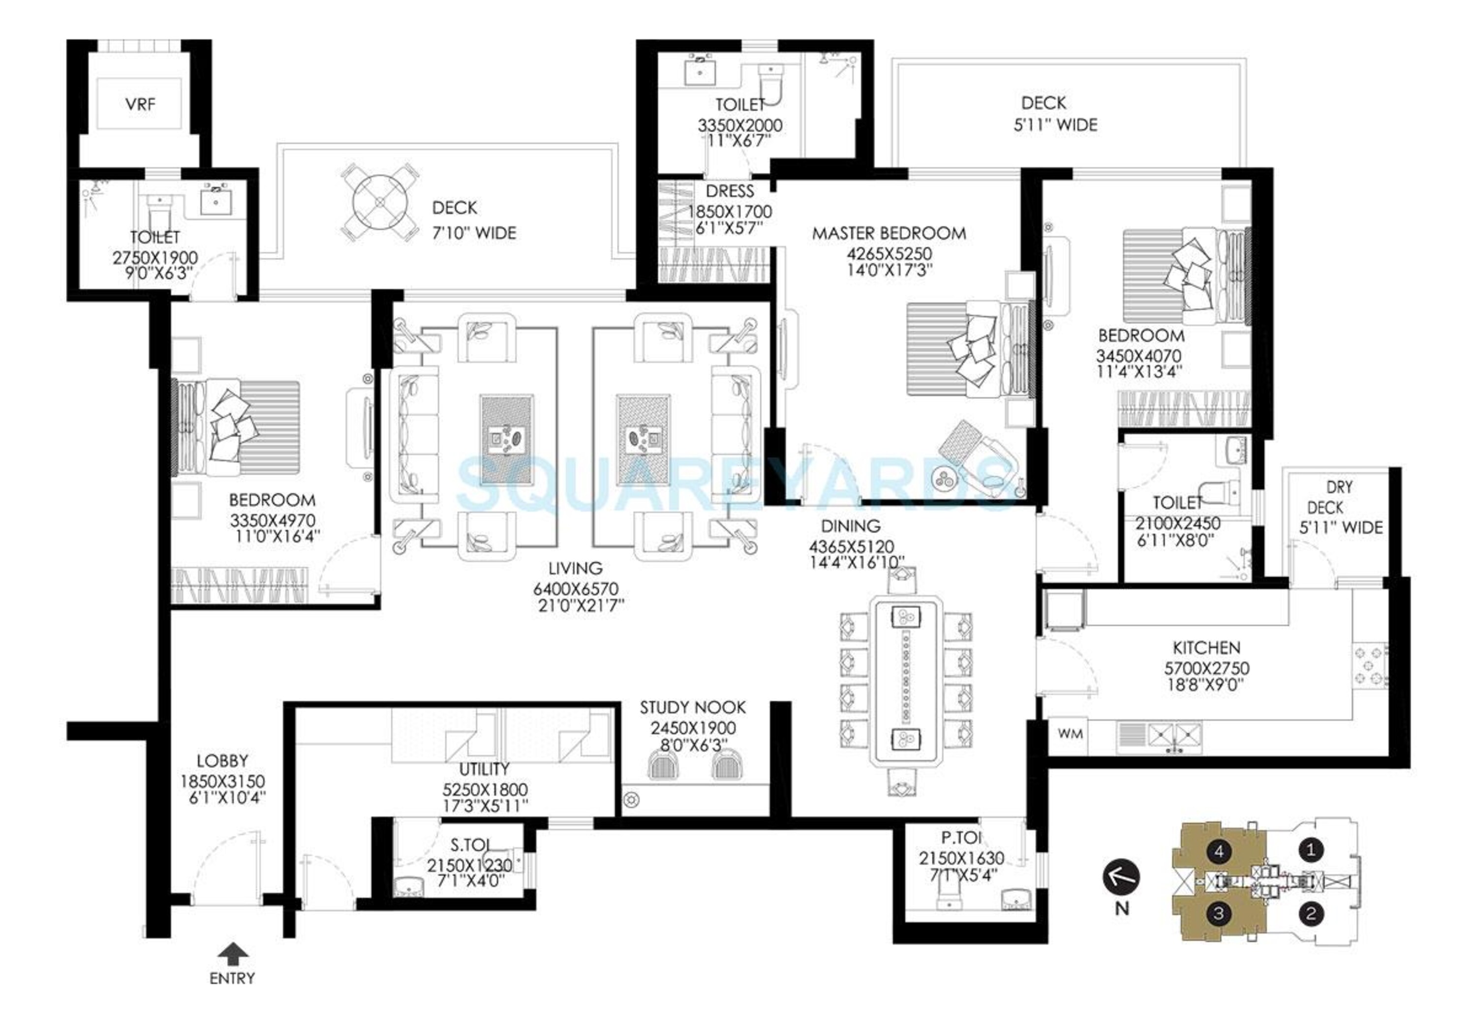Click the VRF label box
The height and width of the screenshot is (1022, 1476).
[x=139, y=104]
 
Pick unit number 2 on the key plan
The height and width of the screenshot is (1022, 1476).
[x=1310, y=913]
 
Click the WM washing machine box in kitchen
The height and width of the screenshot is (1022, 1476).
[x=1069, y=734]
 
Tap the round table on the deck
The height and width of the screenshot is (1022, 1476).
[x=380, y=201]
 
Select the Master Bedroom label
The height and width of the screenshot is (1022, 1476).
[x=889, y=233]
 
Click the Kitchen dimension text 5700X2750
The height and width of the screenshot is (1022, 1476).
[x=1206, y=668]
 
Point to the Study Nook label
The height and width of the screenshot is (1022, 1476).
[x=693, y=708]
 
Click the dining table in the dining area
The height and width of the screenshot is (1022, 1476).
[x=905, y=681]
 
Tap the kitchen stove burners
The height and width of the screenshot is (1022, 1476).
[x=1370, y=666]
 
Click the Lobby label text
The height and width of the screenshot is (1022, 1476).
[x=222, y=761]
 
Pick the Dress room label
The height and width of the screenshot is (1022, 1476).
[x=730, y=191]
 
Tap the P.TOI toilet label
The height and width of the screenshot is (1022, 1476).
[x=961, y=837]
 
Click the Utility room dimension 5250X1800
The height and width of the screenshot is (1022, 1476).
[x=485, y=789]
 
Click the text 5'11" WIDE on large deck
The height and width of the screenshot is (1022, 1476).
[x=1055, y=125]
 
